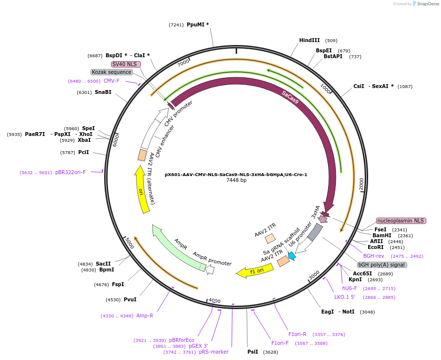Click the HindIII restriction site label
point(309,41)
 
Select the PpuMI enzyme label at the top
point(197,24)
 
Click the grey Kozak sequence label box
point(111,72)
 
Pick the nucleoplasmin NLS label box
point(401,221)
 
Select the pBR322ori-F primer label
point(70,172)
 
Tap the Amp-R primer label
point(145,315)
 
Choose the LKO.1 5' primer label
point(345,297)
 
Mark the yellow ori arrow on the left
point(142,191)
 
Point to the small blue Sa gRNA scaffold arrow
point(292,255)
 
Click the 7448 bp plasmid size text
point(236,180)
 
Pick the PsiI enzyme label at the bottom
point(252,352)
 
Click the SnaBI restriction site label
point(103,92)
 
